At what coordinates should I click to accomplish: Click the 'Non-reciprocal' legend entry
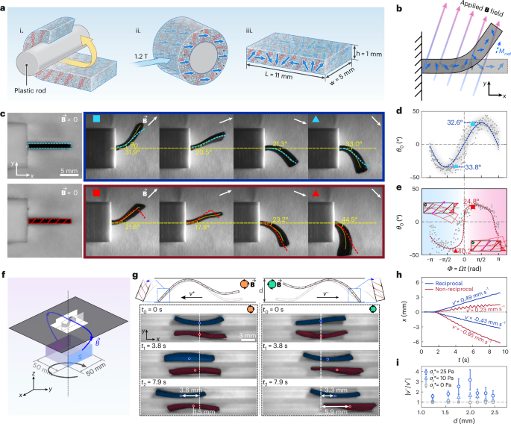coord(445,292)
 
